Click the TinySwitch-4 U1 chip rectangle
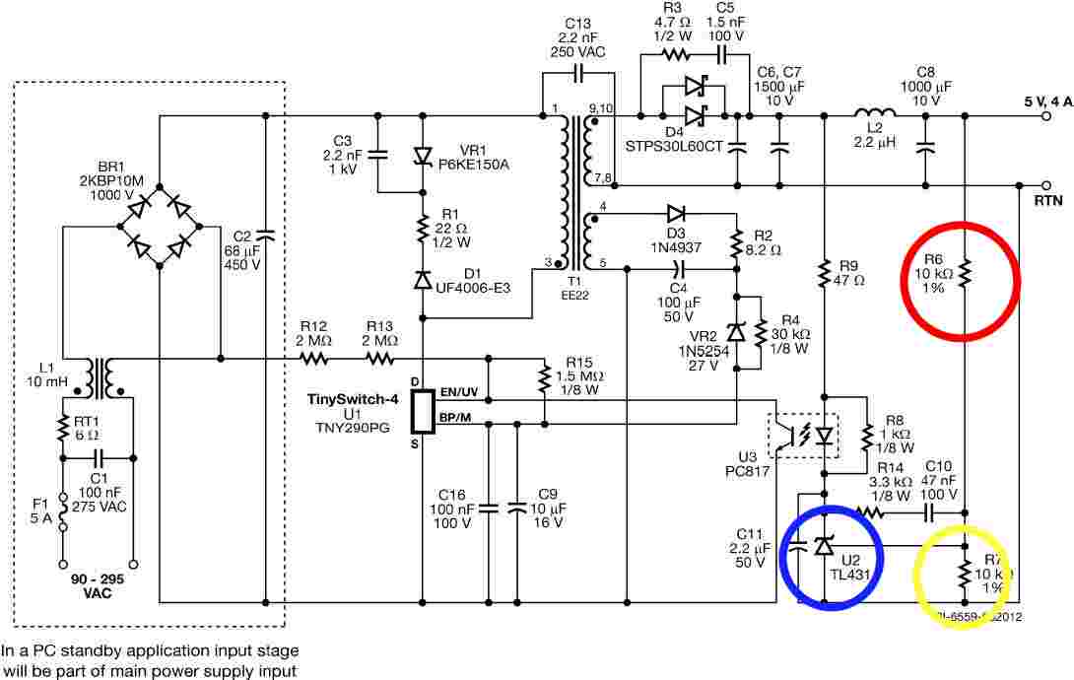(x=423, y=411)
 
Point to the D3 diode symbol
(x=676, y=212)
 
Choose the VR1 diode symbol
(x=423, y=155)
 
